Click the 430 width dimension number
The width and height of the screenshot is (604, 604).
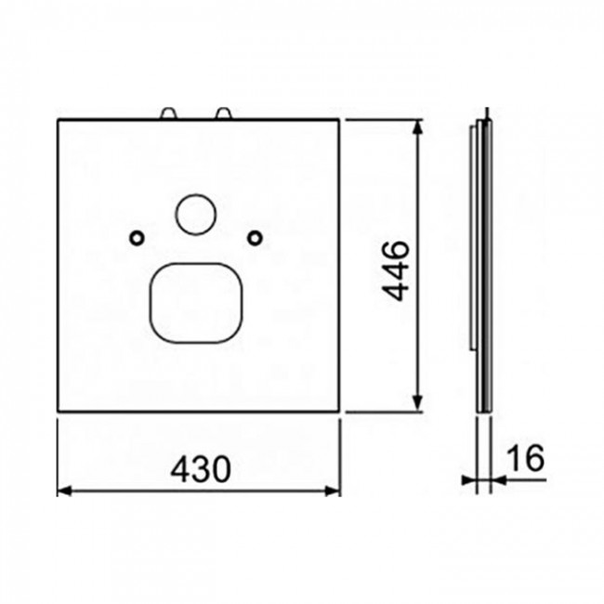click(x=201, y=469)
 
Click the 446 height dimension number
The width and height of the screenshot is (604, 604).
click(x=396, y=270)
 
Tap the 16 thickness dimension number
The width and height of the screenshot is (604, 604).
click(x=525, y=457)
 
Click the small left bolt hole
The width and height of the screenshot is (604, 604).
click(x=137, y=238)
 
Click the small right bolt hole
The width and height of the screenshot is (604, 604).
click(x=255, y=238)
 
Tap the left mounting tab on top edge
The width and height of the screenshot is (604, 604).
click(x=168, y=114)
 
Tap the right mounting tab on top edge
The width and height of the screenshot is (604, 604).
click(x=223, y=114)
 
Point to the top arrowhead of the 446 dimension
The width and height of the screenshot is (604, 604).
click(x=417, y=127)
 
